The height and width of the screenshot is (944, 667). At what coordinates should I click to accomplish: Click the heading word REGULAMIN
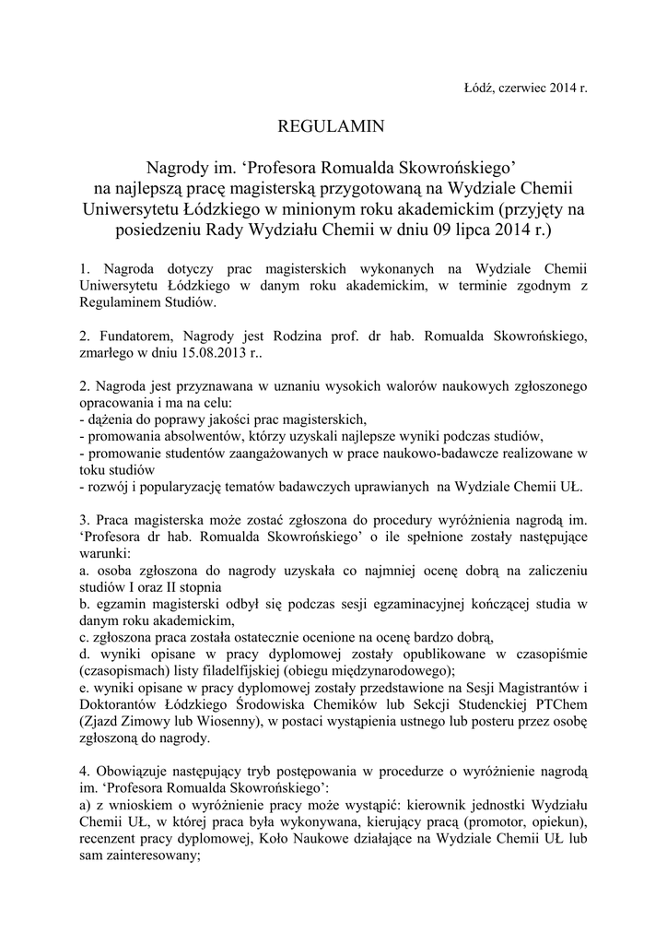click(333, 124)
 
